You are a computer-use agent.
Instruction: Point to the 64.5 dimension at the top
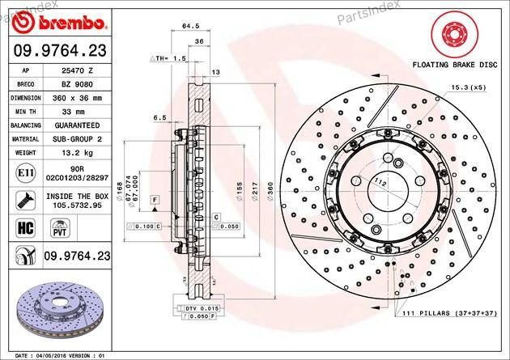tap(191, 26)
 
